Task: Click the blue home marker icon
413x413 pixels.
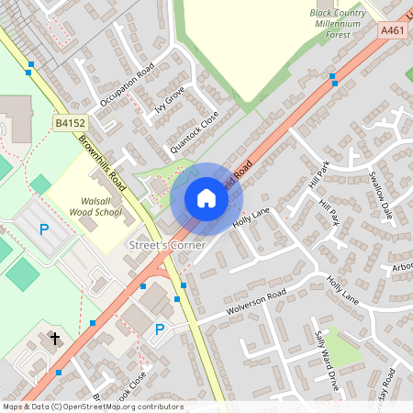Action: point(206,198)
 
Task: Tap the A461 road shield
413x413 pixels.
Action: point(392,30)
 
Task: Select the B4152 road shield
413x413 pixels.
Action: point(70,122)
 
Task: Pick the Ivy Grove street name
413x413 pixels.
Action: point(171,99)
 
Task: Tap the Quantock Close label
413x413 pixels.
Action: point(194,133)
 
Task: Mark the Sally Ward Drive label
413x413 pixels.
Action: point(328,361)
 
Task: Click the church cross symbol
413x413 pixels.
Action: point(54,340)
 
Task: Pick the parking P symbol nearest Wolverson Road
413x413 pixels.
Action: point(160,329)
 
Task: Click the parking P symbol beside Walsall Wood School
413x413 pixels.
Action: point(42,229)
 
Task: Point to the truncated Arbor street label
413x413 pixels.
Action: point(401,268)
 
